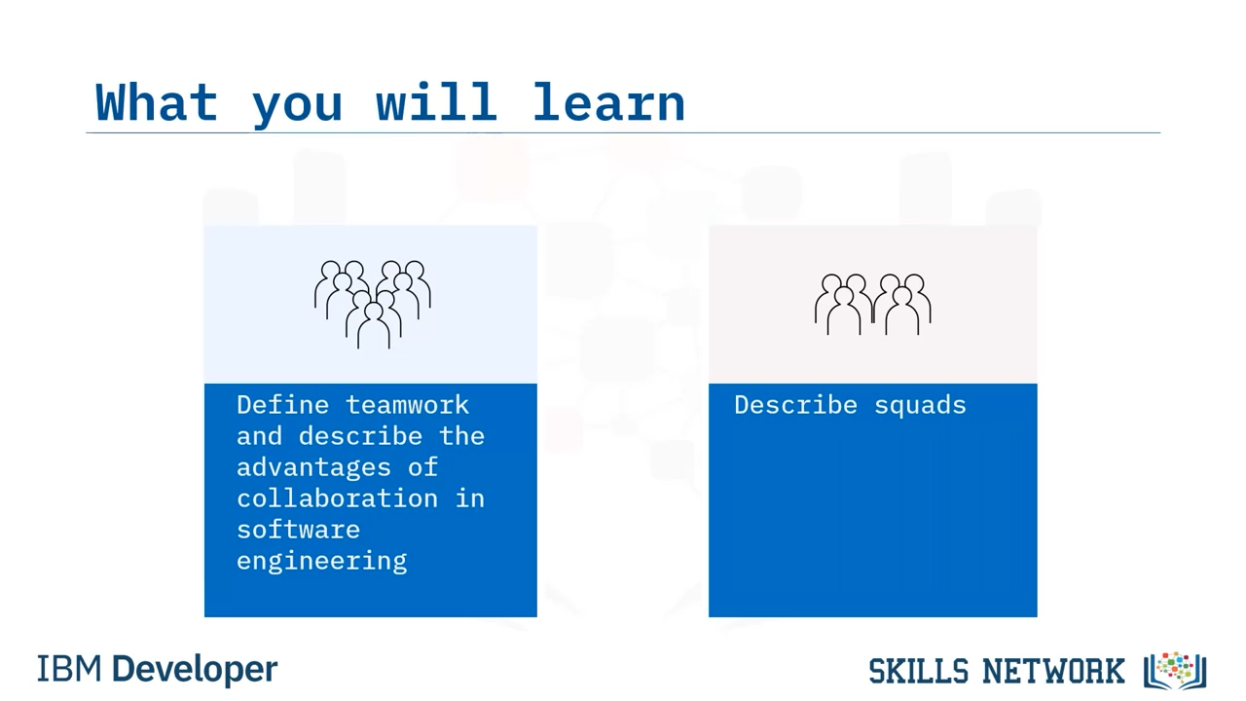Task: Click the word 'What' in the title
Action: tap(157, 102)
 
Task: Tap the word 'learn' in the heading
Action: tap(609, 102)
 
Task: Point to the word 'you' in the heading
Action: tap(297, 107)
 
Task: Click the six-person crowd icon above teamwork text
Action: tap(373, 305)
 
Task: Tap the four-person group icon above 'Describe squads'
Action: tap(873, 305)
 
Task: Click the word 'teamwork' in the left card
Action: tap(407, 405)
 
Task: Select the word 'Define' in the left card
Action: tap(282, 405)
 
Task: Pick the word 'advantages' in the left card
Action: tap(313, 467)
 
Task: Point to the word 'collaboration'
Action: tap(337, 498)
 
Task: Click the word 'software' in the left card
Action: tap(298, 530)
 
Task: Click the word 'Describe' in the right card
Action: tap(795, 405)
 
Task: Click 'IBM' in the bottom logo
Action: tap(69, 669)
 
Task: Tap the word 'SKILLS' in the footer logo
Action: tap(919, 671)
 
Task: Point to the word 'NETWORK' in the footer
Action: tap(1053, 671)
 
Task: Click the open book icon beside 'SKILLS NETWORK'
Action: tap(1175, 671)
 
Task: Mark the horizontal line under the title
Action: tap(623, 133)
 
